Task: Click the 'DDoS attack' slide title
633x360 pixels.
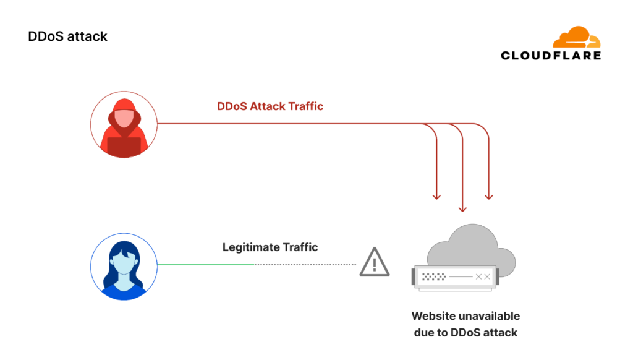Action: [x=67, y=36]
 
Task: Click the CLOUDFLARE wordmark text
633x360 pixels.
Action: [x=550, y=56]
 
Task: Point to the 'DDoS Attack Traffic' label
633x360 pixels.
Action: [x=270, y=106]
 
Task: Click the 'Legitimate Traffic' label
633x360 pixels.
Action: [x=270, y=247]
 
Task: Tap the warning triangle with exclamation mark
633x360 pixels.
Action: [x=374, y=262]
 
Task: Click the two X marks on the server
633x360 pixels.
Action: [x=483, y=276]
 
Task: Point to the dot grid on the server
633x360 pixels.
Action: [x=435, y=276]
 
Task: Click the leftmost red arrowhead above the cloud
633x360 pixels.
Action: [x=437, y=196]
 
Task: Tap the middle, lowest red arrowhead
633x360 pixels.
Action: [x=462, y=209]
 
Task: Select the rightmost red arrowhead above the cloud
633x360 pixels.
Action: [x=489, y=196]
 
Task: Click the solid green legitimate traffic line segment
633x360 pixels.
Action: [x=206, y=265]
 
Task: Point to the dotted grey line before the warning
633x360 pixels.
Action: [x=306, y=265]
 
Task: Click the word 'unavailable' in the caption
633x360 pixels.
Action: [x=488, y=316]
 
